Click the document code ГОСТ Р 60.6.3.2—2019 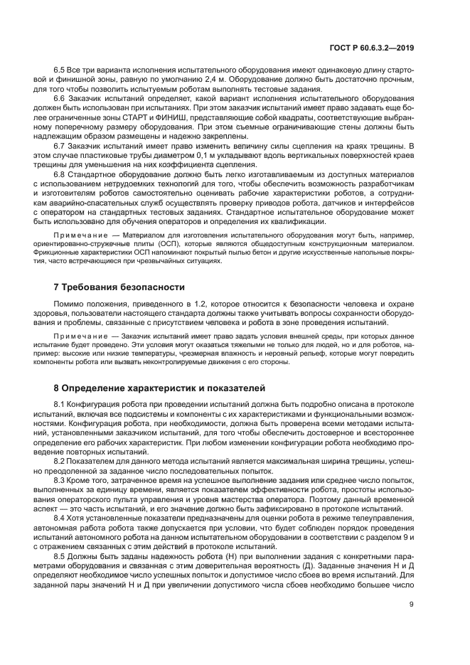pyautogui.click(x=380, y=48)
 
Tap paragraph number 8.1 pyautogui.click(x=60, y=405)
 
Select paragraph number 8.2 pyautogui.click(x=60, y=462)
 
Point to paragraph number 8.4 pyautogui.click(x=60, y=518)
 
